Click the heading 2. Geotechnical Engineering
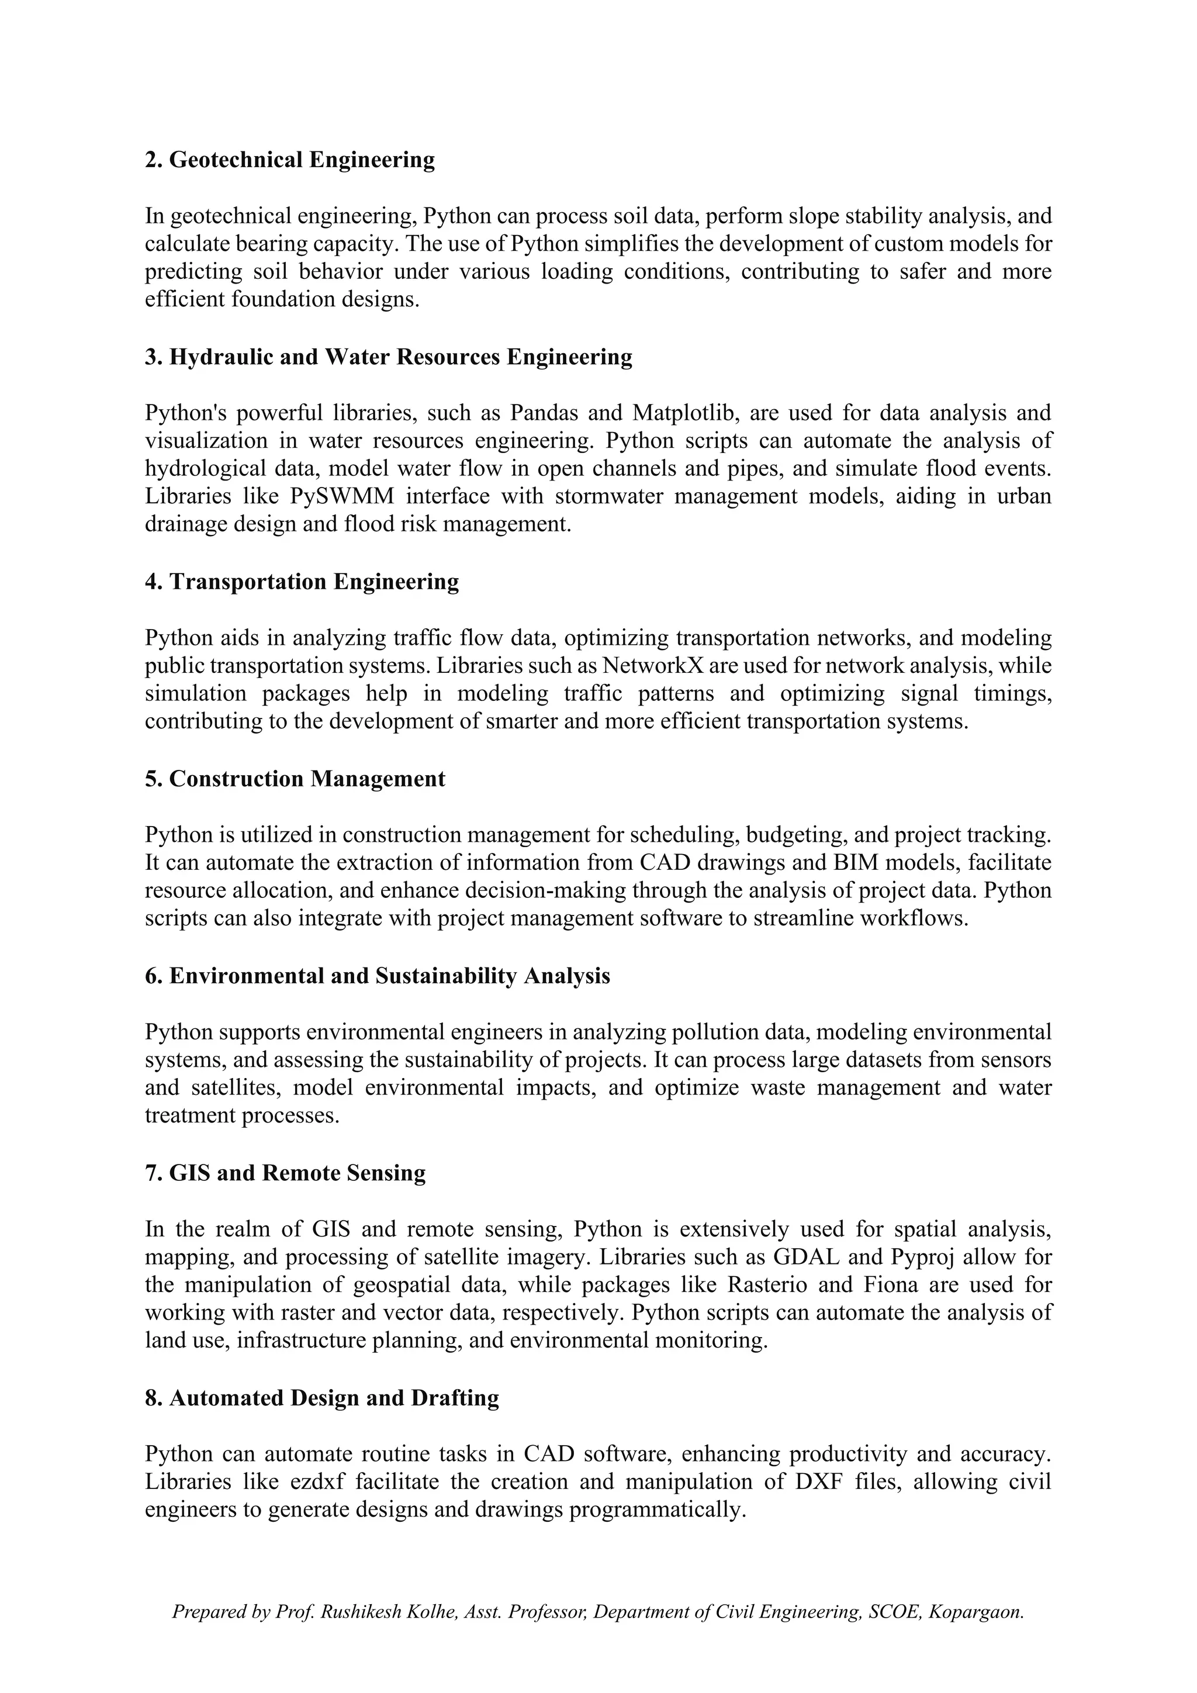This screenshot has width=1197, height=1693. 290,160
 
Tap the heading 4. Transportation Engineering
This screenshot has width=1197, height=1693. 302,582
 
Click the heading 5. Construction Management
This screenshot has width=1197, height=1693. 295,779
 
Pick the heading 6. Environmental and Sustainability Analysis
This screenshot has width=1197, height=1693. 378,976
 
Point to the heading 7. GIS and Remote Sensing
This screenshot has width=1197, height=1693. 285,1173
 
